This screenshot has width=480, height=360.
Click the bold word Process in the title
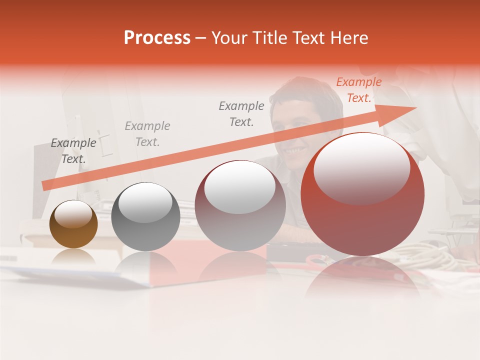[157, 38]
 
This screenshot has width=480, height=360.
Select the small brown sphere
[73, 224]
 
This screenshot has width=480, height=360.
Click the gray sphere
[145, 216]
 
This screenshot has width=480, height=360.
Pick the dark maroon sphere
[240, 205]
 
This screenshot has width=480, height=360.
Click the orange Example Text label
[358, 90]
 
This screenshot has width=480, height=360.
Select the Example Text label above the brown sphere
[73, 151]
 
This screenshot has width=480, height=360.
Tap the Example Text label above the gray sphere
[147, 134]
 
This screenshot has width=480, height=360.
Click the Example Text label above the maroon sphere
[241, 113]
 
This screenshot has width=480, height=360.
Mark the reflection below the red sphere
[362, 277]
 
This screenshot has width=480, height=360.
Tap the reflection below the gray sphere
[145, 265]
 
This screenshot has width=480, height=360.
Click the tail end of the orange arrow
[45, 185]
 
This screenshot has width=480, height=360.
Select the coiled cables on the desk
[440, 255]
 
